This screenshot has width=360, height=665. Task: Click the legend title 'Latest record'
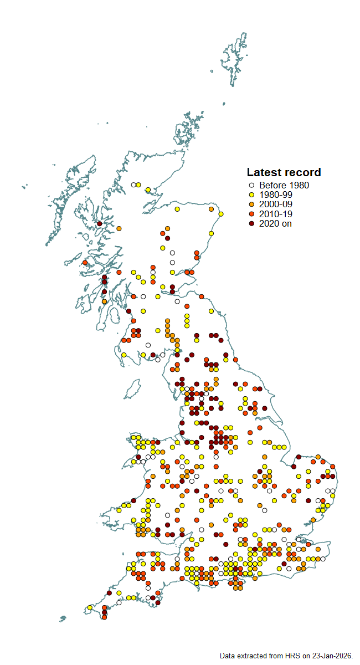[284, 172]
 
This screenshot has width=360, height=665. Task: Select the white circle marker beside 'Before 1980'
[251, 186]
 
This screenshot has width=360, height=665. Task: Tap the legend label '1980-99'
[275, 195]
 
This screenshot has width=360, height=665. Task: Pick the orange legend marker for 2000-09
[251, 204]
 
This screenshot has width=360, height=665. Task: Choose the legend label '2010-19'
[276, 214]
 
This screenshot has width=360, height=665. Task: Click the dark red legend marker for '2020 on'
[251, 223]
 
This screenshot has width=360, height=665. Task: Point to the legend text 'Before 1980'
[284, 186]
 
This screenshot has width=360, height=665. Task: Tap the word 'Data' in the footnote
[228, 656]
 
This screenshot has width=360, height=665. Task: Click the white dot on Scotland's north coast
[133, 185]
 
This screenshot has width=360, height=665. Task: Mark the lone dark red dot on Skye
[99, 224]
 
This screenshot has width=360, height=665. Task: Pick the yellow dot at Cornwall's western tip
[90, 608]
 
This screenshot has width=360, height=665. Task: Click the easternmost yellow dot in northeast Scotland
[221, 214]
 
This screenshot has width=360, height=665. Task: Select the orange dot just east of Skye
[119, 228]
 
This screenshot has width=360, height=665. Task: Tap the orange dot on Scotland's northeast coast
[211, 209]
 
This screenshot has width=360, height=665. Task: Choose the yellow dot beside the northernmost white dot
[138, 185]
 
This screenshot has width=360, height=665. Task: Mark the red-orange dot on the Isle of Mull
[85, 263]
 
